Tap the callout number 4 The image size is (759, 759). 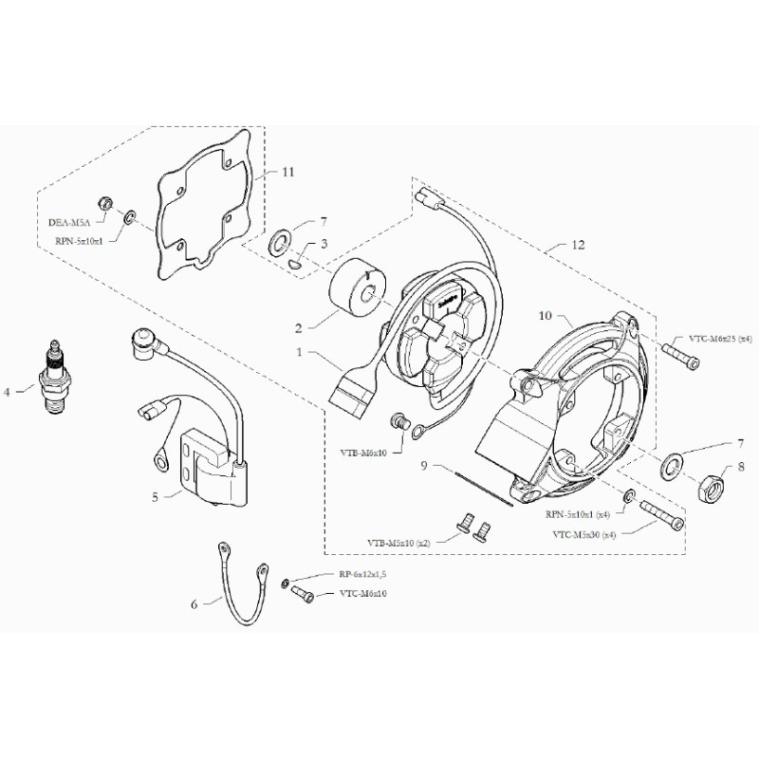click(x=8, y=390)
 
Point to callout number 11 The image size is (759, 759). click(x=288, y=172)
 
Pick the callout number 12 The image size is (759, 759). click(x=578, y=245)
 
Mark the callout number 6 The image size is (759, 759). click(x=194, y=603)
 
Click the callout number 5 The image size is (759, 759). click(x=156, y=495)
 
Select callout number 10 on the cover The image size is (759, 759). click(x=545, y=315)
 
